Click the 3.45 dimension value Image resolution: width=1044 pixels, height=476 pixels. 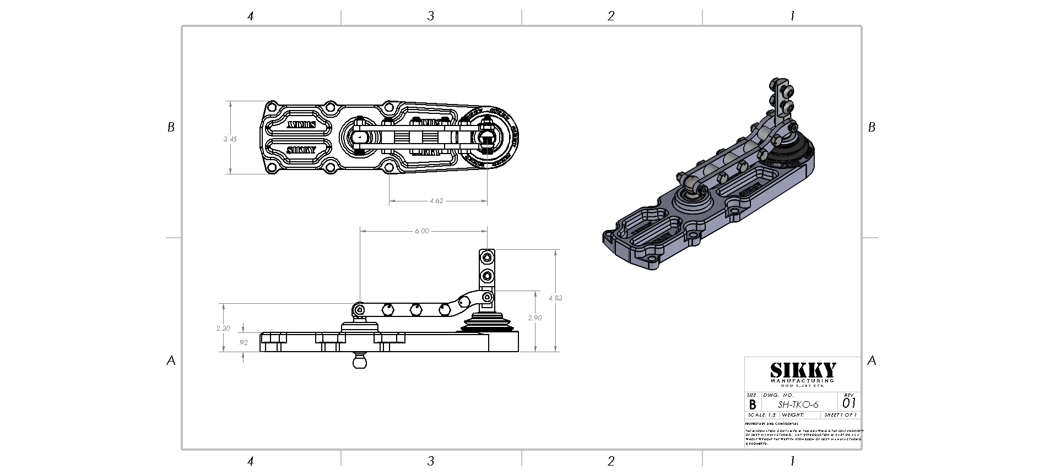click(x=230, y=139)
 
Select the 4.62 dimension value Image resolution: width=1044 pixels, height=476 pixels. click(x=436, y=201)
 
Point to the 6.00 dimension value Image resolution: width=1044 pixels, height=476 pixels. click(x=421, y=231)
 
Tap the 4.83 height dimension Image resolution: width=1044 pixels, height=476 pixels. click(x=555, y=298)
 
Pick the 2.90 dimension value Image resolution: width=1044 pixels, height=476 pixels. click(x=535, y=318)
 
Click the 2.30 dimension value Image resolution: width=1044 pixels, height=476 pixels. click(x=223, y=328)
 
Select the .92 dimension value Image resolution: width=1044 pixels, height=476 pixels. click(x=242, y=342)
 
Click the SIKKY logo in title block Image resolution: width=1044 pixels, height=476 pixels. click(x=803, y=370)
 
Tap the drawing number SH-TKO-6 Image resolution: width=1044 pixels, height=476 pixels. click(x=798, y=404)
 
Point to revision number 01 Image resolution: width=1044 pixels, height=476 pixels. click(x=849, y=403)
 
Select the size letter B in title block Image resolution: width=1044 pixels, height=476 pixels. click(x=753, y=404)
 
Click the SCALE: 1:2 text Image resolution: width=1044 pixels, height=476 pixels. click(x=761, y=415)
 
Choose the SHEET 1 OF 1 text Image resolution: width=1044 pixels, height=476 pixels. click(x=840, y=415)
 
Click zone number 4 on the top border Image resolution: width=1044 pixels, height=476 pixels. click(x=250, y=16)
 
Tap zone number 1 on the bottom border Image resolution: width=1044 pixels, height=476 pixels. click(x=792, y=461)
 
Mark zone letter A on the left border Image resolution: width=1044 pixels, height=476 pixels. click(x=171, y=361)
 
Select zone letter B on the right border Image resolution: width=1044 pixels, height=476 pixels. click(x=872, y=127)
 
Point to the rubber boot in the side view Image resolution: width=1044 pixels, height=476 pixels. click(x=488, y=324)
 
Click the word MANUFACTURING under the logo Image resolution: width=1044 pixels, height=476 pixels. click(x=802, y=381)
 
